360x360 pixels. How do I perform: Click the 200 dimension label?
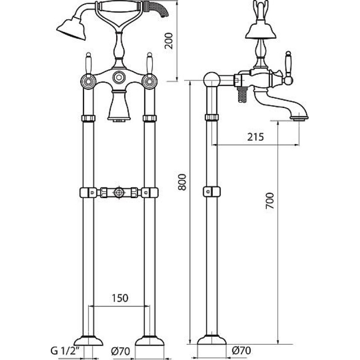[169, 41]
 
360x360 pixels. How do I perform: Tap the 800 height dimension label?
[182, 182]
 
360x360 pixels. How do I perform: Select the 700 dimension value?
[270, 201]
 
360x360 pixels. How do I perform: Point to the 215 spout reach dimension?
[256, 137]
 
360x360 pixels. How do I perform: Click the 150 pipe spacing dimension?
[120, 298]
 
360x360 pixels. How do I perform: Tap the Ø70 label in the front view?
[121, 351]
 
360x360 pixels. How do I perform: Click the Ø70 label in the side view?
[241, 351]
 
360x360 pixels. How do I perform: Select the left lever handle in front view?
[88, 63]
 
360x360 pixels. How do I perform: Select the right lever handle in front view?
[149, 63]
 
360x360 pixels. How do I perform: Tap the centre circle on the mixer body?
[119, 77]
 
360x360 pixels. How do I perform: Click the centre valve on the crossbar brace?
[119, 193]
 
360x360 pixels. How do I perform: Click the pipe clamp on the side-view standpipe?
[211, 192]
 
